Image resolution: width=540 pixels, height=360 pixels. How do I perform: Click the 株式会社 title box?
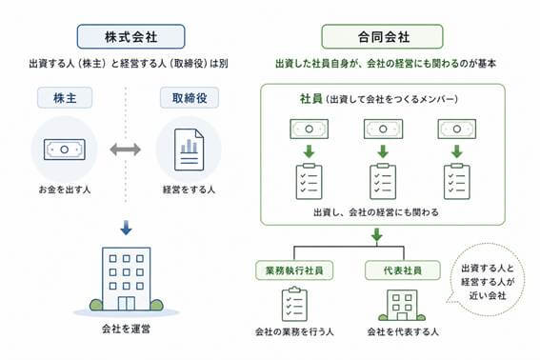130,36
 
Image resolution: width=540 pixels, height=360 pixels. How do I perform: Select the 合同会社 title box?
382,36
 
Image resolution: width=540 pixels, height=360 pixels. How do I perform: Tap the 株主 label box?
65,98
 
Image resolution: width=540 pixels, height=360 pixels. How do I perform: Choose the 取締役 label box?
190,98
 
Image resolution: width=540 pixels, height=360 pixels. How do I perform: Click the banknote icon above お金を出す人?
65,150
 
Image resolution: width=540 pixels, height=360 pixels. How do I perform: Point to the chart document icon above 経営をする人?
189,150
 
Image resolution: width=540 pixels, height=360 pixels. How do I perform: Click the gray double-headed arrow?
126,150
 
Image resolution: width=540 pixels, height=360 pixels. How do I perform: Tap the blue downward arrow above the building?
126,228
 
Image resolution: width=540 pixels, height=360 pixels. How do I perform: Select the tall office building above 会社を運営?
127,279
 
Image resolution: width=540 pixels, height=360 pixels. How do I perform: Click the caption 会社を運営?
126,329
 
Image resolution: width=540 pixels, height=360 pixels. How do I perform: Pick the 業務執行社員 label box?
294,270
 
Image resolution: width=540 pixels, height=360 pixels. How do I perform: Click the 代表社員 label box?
403,270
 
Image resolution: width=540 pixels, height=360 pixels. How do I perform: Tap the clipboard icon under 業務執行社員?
294,304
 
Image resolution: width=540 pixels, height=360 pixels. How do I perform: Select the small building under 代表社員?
402,306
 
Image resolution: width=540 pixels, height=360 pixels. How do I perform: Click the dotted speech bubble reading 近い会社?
487,281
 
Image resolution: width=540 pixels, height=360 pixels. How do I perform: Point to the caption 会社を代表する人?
403,331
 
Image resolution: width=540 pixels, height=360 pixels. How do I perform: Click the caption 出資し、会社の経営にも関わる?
376,212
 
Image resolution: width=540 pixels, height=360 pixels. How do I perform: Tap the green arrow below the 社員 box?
377,235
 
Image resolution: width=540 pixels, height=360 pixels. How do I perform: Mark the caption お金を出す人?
65,190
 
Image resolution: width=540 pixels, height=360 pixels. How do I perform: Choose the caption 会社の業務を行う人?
294,331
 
